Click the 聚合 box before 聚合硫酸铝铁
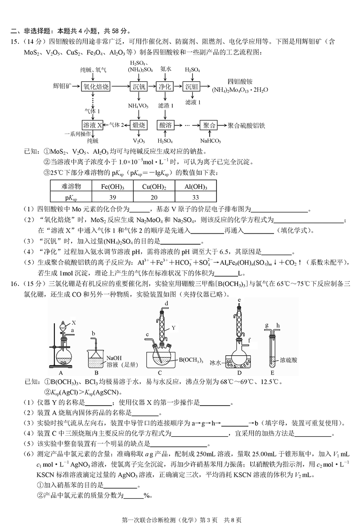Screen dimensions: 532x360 point(211,125)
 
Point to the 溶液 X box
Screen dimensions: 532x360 point(92,125)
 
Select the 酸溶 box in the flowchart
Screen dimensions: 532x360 point(165,125)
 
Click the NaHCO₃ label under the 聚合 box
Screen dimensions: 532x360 point(210,141)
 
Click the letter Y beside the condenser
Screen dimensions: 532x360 point(172,328)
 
